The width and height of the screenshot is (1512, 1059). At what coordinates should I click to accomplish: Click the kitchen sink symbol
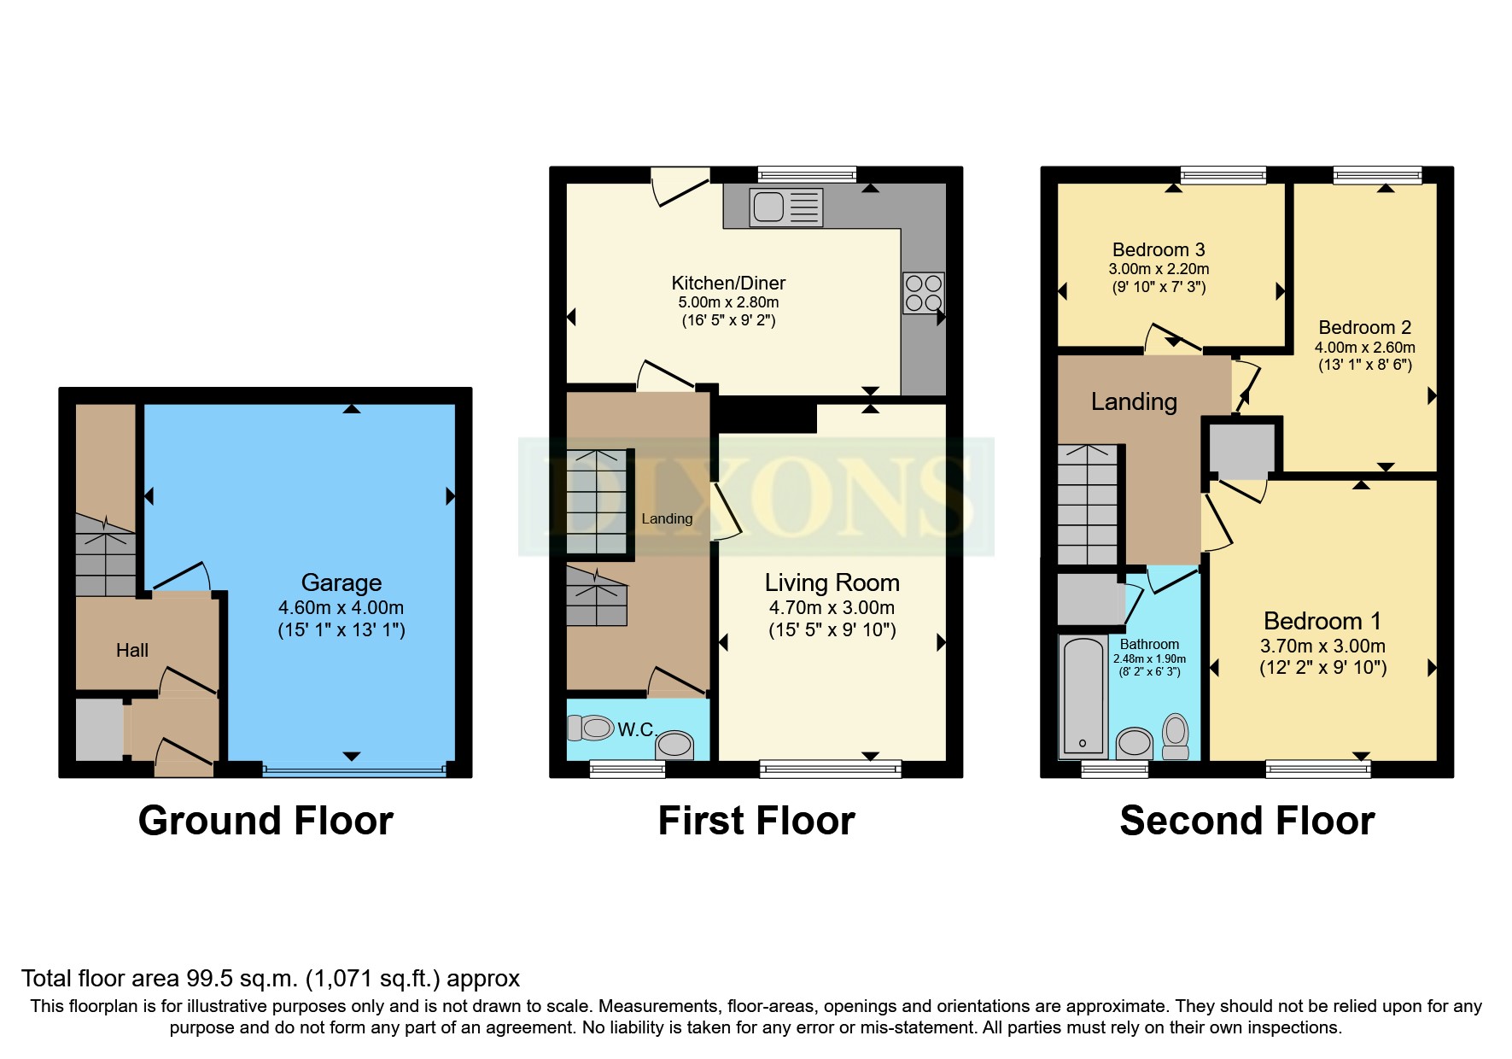point(785,208)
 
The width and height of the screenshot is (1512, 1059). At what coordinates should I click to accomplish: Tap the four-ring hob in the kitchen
point(923,293)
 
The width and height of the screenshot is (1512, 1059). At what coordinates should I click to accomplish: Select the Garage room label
point(341,582)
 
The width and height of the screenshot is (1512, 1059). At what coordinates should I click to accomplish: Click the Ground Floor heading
point(266,821)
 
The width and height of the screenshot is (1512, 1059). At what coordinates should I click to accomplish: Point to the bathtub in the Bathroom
point(1083,696)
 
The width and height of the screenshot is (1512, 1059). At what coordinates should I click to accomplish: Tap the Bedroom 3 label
point(1158,249)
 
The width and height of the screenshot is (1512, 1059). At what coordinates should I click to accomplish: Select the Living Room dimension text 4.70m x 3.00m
point(832,608)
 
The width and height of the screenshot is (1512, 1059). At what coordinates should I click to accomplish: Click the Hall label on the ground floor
point(132,651)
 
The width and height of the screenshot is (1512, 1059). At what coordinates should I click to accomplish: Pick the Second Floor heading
point(1246,821)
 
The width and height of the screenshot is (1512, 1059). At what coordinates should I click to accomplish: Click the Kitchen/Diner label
point(728,283)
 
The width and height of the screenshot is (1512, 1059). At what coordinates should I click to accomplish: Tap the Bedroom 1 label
point(1322,621)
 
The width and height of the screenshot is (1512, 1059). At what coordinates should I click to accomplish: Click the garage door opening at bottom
point(354,770)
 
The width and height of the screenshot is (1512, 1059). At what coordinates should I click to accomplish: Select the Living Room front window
point(830,769)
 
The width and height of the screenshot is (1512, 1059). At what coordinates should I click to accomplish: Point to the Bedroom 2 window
point(1377,175)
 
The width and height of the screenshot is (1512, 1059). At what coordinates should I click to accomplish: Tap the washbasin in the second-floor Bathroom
point(1135,741)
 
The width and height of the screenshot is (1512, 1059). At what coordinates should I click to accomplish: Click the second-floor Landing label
point(1134,401)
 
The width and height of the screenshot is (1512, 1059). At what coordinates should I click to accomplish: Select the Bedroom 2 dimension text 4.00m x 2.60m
point(1364,348)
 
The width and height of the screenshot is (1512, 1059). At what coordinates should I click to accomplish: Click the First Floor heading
point(756,821)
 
